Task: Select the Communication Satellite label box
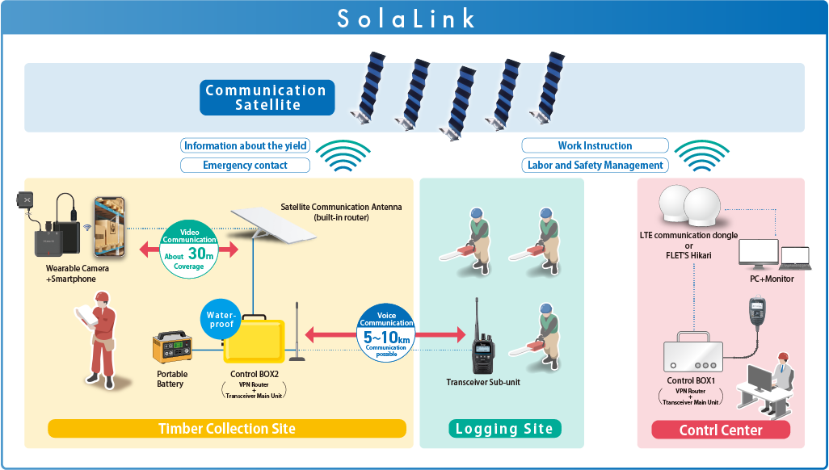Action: coord(267,98)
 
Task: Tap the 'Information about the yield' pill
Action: coord(246,146)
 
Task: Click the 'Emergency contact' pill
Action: coord(246,166)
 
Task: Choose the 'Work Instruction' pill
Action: coord(595,146)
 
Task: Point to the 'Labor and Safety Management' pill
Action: coord(595,166)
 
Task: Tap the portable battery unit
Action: coord(173,349)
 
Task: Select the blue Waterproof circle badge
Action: coord(221,319)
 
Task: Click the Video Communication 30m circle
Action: coord(189,249)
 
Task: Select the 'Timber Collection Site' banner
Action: coord(226,428)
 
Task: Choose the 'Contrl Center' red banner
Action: coord(721,430)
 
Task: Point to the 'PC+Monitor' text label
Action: coord(772,279)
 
